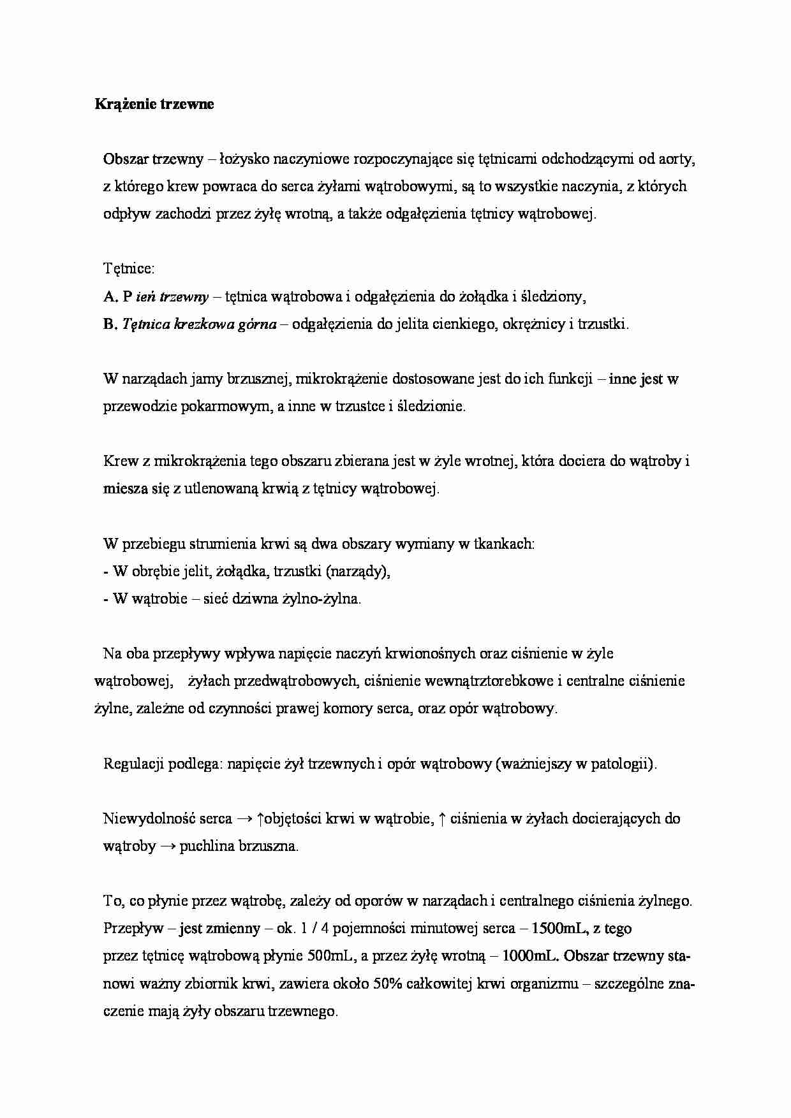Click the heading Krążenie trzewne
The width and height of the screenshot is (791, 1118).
tap(154, 105)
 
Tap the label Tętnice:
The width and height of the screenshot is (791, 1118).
tap(129, 269)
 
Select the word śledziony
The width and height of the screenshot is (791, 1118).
tap(553, 296)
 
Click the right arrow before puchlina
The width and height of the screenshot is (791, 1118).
tap(168, 846)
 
